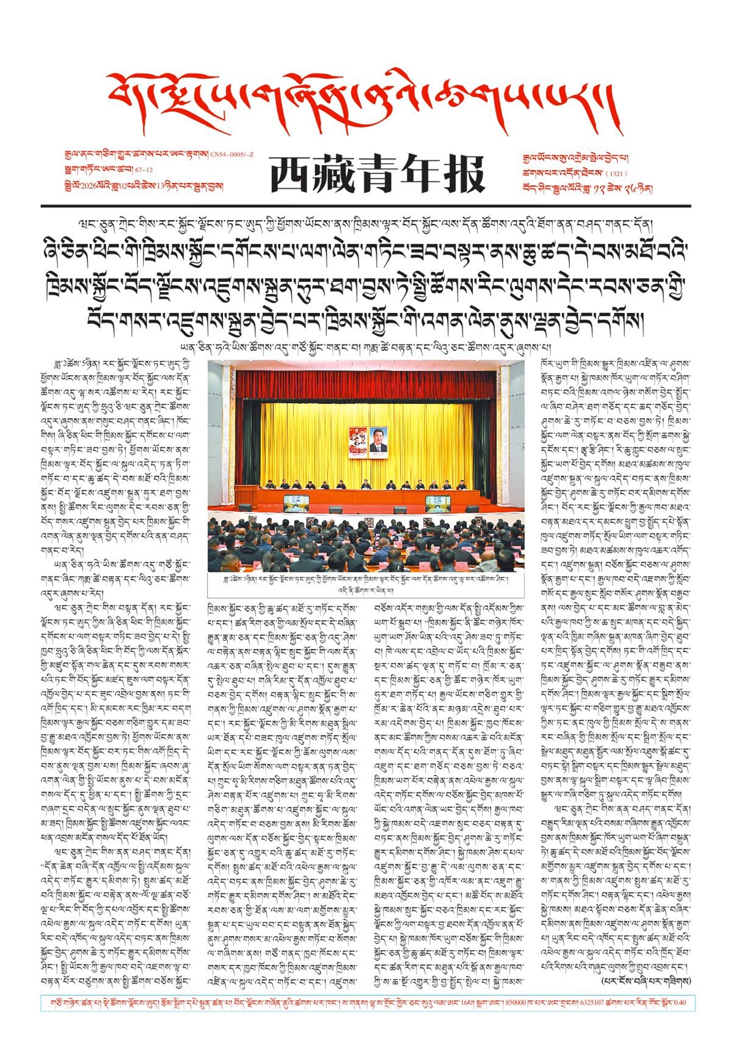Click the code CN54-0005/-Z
click(x=232, y=155)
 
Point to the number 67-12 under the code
click(x=144, y=170)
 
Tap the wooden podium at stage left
click(x=247, y=494)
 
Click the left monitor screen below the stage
click(x=296, y=503)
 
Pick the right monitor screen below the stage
click(x=437, y=503)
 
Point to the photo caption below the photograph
click(x=365, y=584)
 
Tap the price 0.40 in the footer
click(x=679, y=1003)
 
